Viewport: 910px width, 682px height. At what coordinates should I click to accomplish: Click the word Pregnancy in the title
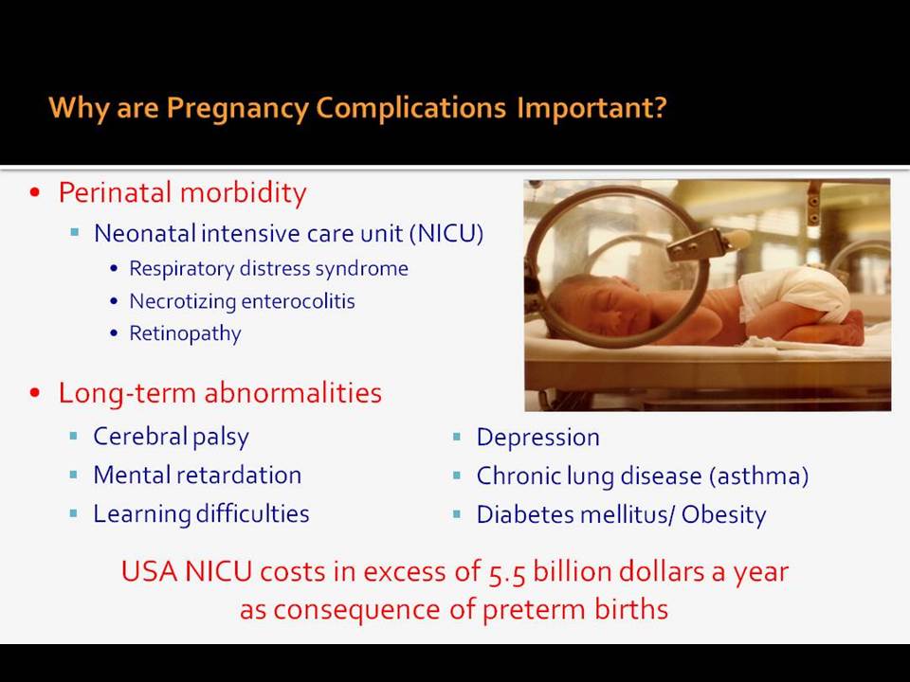pyautogui.click(x=237, y=108)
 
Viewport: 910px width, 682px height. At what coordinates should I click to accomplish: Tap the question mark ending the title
pyautogui.click(x=660, y=107)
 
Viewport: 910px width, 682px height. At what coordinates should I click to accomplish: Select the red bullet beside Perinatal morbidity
pyautogui.click(x=35, y=192)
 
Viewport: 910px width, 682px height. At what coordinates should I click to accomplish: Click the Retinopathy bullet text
pyautogui.click(x=185, y=334)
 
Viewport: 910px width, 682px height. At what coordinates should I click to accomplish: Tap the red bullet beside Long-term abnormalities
pyautogui.click(x=35, y=392)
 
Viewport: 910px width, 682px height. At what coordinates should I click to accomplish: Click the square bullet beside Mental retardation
pyautogui.click(x=74, y=475)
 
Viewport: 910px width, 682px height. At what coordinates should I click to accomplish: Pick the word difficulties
pyautogui.click(x=252, y=513)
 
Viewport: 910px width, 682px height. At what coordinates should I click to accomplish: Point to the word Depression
pyautogui.click(x=538, y=438)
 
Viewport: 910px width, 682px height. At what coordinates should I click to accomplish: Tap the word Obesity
pyautogui.click(x=723, y=515)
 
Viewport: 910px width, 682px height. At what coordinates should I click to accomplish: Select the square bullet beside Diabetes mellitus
pyautogui.click(x=457, y=513)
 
